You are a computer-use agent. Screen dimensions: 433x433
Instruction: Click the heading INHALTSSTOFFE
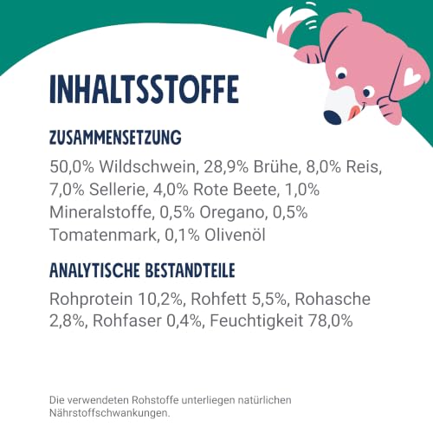pos(144,89)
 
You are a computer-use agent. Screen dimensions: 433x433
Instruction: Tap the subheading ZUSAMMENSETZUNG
pos(115,138)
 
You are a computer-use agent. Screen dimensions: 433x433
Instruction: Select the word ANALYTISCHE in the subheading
pos(94,270)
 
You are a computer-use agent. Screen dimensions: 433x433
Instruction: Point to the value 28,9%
pos(226,167)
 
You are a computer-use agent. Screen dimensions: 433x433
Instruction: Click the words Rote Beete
pos(236,190)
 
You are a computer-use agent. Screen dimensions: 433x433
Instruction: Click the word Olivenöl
pos(235,235)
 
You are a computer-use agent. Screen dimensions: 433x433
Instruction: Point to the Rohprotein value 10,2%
pos(161,299)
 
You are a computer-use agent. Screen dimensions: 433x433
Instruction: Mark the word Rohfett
pos(219,299)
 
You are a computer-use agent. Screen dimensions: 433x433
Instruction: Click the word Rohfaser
pos(127,321)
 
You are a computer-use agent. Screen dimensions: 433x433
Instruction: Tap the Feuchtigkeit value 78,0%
pos(331,321)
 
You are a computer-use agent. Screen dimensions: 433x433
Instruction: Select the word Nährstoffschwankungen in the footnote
pos(110,413)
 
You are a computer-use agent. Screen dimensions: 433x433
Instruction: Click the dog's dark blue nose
pos(333,117)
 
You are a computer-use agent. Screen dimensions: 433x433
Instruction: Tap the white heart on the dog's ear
pos(412,77)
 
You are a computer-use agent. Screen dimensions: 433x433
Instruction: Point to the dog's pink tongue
pos(354,111)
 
